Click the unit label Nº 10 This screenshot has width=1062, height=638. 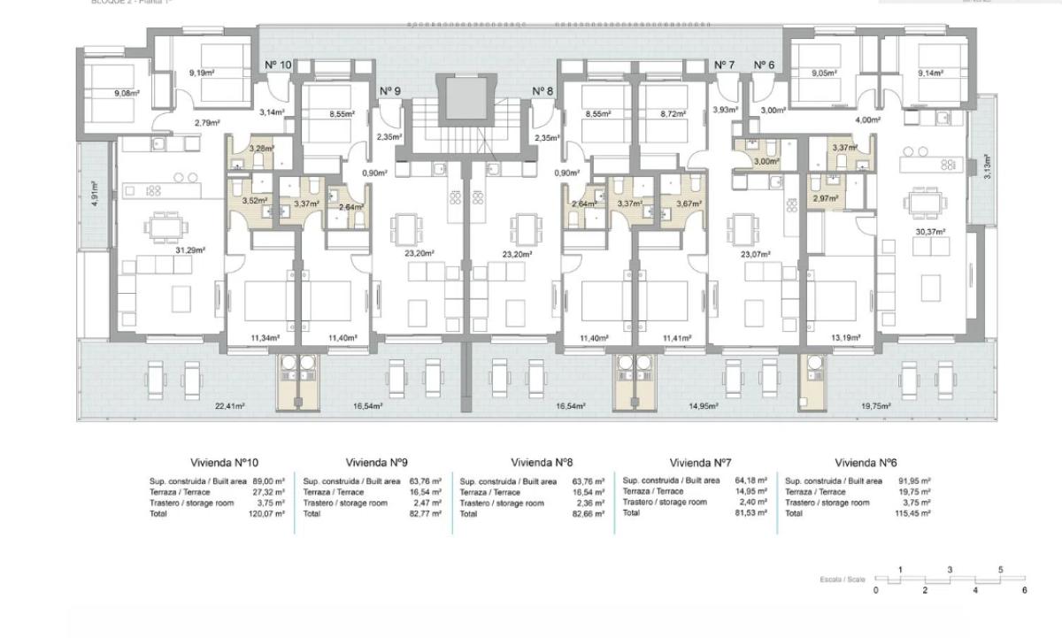pos(278,65)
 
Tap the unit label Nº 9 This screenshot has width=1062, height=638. pos(390,91)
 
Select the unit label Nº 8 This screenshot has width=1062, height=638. pos(543,91)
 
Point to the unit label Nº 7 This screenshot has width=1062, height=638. pos(724,65)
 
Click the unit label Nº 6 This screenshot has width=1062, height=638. pos(764,65)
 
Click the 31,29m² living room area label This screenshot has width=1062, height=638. pos(190,250)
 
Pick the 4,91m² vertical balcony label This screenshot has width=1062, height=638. pos(95,194)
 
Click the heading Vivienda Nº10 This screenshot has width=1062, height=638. pos(224,463)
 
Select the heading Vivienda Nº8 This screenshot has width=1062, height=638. pos(543,463)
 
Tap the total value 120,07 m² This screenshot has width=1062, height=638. pos(267,513)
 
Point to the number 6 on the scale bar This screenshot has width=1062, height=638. pos(1025,589)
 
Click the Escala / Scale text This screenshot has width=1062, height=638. pos(842,580)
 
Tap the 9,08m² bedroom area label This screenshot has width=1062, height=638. pos(127,93)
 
